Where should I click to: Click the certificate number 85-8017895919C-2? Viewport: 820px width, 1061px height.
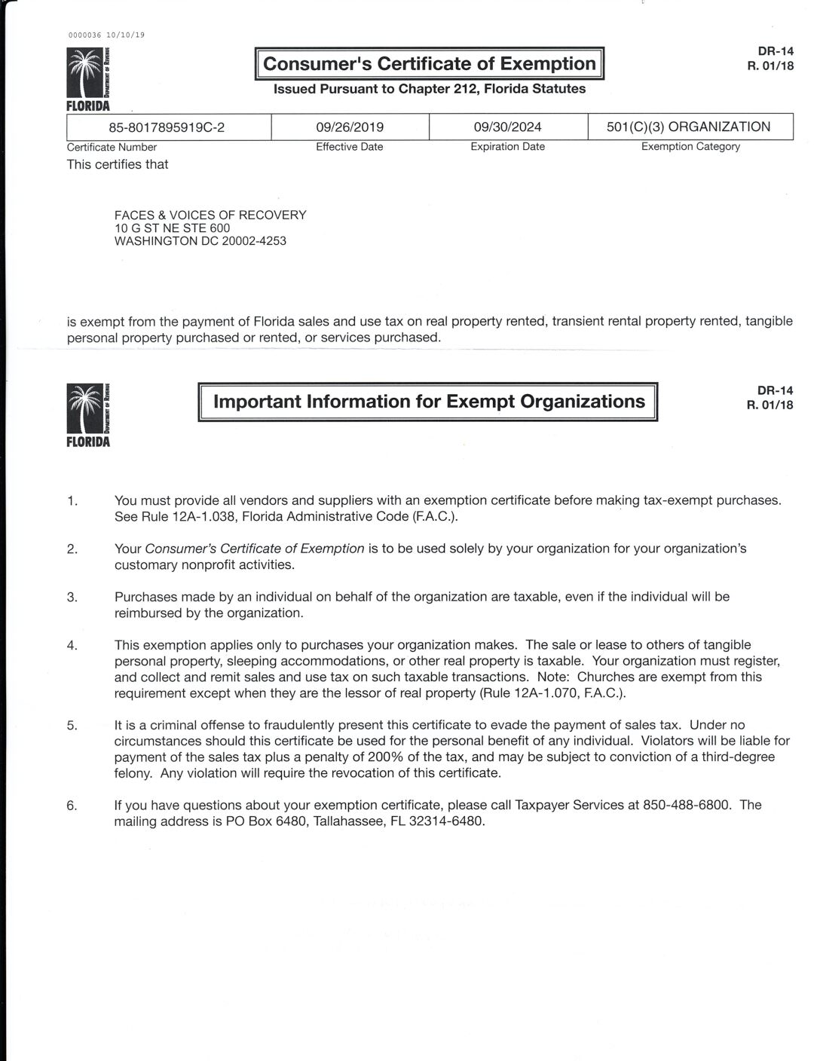point(167,127)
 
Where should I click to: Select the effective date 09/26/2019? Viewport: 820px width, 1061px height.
point(350,127)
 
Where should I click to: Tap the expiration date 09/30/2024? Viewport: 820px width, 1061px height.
point(507,127)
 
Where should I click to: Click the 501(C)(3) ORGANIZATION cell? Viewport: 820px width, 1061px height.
point(689,127)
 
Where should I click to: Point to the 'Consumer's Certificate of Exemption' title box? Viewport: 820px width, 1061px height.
point(430,64)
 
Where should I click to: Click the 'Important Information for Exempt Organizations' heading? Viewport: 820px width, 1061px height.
point(429,402)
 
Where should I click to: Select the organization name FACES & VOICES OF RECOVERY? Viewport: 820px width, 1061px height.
point(210,215)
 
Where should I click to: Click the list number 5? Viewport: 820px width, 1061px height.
point(72,726)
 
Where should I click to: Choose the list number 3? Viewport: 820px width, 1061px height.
point(72,598)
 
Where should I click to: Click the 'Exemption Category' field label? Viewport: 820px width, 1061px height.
point(690,147)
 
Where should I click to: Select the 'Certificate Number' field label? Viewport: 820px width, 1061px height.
point(112,148)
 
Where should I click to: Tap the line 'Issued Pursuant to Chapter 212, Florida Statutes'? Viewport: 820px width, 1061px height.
point(430,89)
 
